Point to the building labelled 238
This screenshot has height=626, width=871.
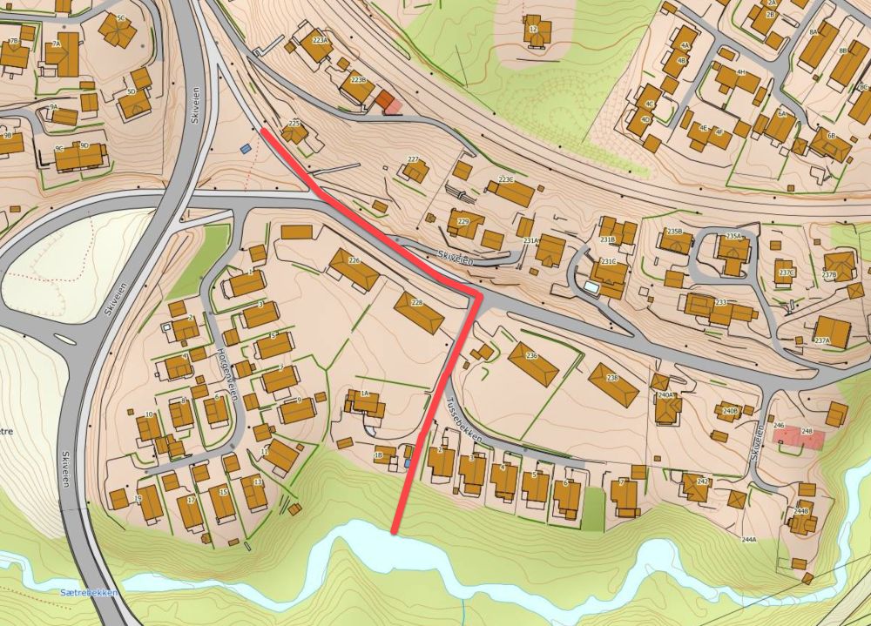click(x=614, y=384)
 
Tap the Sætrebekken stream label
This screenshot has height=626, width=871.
click(x=87, y=592)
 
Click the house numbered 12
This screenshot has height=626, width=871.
click(x=535, y=31)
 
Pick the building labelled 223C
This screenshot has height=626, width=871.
click(x=509, y=190)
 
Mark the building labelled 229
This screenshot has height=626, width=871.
click(x=465, y=224)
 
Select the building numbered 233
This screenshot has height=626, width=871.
click(x=719, y=307)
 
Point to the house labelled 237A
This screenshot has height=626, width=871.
click(x=830, y=332)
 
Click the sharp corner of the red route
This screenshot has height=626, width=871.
click(x=477, y=296)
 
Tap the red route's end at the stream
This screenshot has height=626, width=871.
click(x=395, y=530)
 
